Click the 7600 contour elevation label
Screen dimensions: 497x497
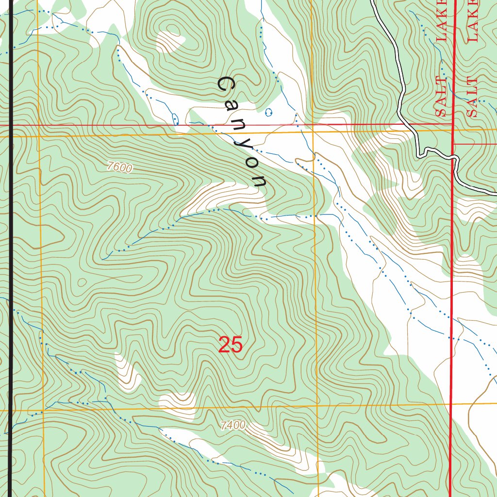(120, 168)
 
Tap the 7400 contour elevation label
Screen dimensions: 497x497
(232, 426)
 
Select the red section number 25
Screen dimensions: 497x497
(230, 345)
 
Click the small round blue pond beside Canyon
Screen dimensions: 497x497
(269, 113)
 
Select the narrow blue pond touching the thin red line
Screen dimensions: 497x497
(176, 119)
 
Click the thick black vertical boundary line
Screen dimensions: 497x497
(11, 243)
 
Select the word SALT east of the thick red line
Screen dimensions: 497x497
(473, 97)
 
